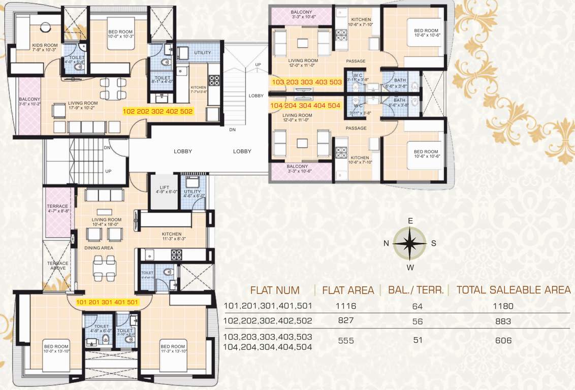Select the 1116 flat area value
[x=345, y=306]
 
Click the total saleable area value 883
[x=503, y=321]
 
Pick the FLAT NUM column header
[x=274, y=290]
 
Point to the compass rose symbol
[x=409, y=243]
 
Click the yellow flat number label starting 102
[x=158, y=111]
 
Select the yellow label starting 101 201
[x=107, y=302]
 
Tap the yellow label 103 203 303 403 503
[x=306, y=81]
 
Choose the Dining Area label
[x=99, y=248]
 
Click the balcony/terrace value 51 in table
[x=418, y=340]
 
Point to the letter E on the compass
[x=410, y=220]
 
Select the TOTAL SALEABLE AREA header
[x=513, y=290]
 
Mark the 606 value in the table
[x=503, y=340]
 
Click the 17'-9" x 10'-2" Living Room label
[x=84, y=105]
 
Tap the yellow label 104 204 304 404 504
[x=305, y=106]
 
